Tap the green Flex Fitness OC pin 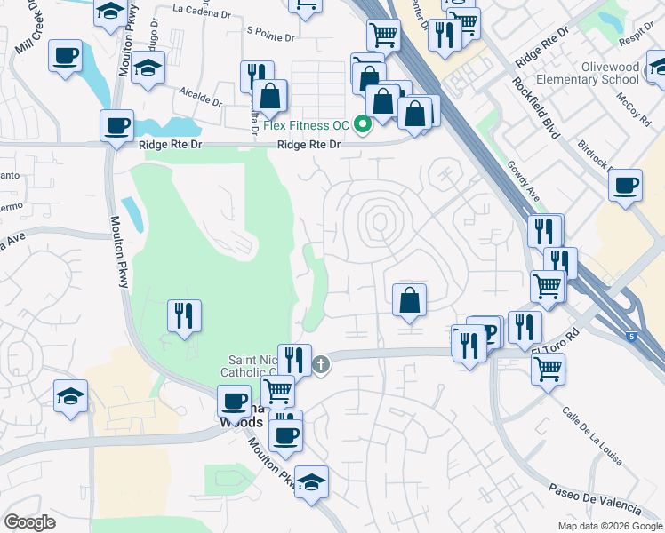tap(363, 124)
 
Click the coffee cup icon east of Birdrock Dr tap(626, 185)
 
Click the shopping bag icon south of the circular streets tap(409, 299)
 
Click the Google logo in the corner tap(29, 522)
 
